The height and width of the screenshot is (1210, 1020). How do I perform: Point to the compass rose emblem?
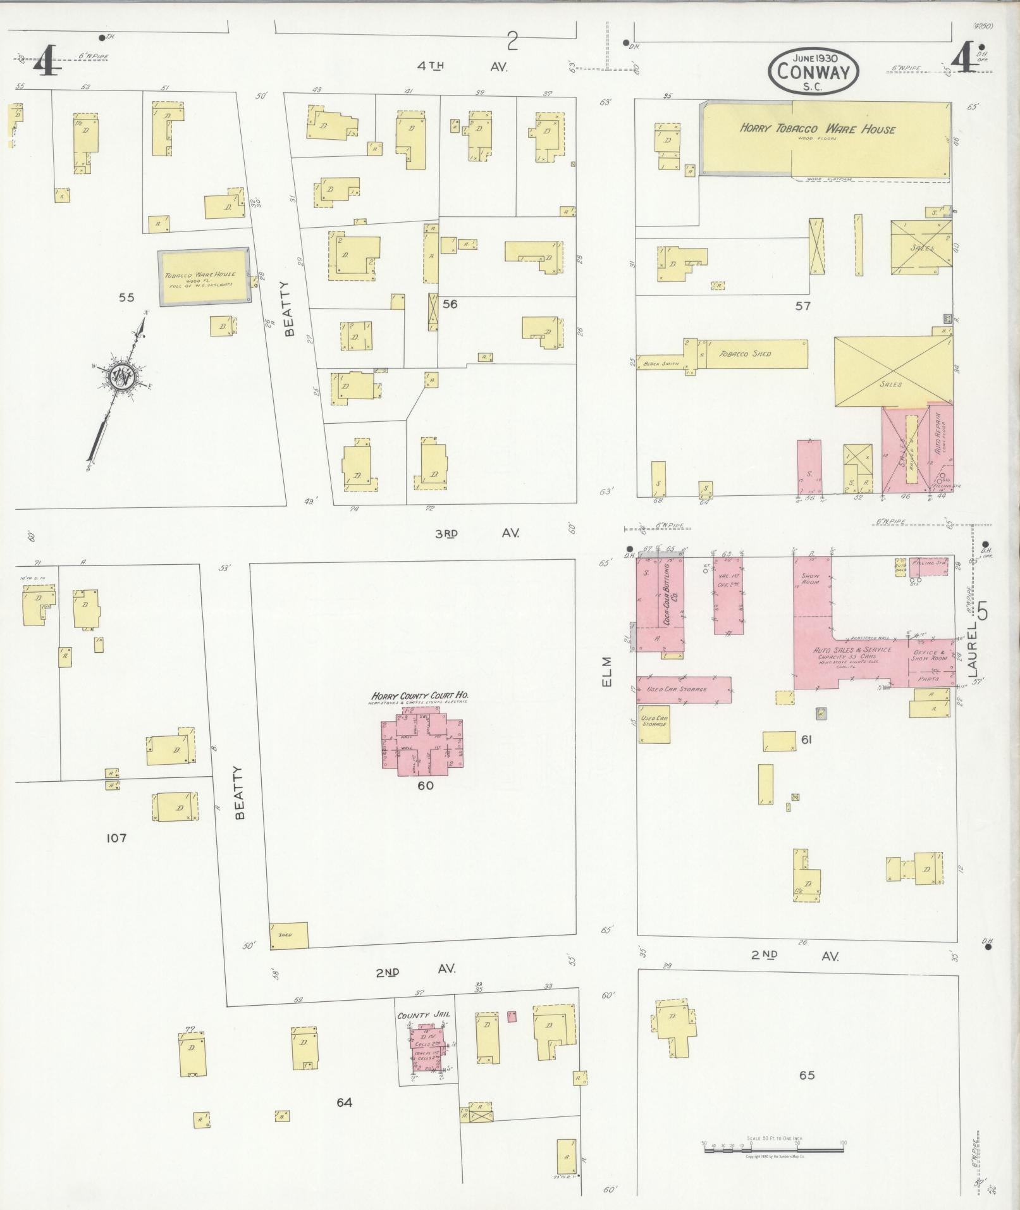(x=120, y=378)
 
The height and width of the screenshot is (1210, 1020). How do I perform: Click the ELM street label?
(x=607, y=671)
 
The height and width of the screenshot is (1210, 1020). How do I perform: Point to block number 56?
(x=450, y=304)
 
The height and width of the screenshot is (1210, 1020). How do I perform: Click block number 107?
(x=116, y=838)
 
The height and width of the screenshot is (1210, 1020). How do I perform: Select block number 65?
(x=807, y=1075)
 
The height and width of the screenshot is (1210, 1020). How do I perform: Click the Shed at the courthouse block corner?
(x=289, y=935)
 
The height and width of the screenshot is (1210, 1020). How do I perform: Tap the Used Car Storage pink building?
(x=683, y=689)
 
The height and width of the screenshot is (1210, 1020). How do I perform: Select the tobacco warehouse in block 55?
(x=202, y=278)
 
